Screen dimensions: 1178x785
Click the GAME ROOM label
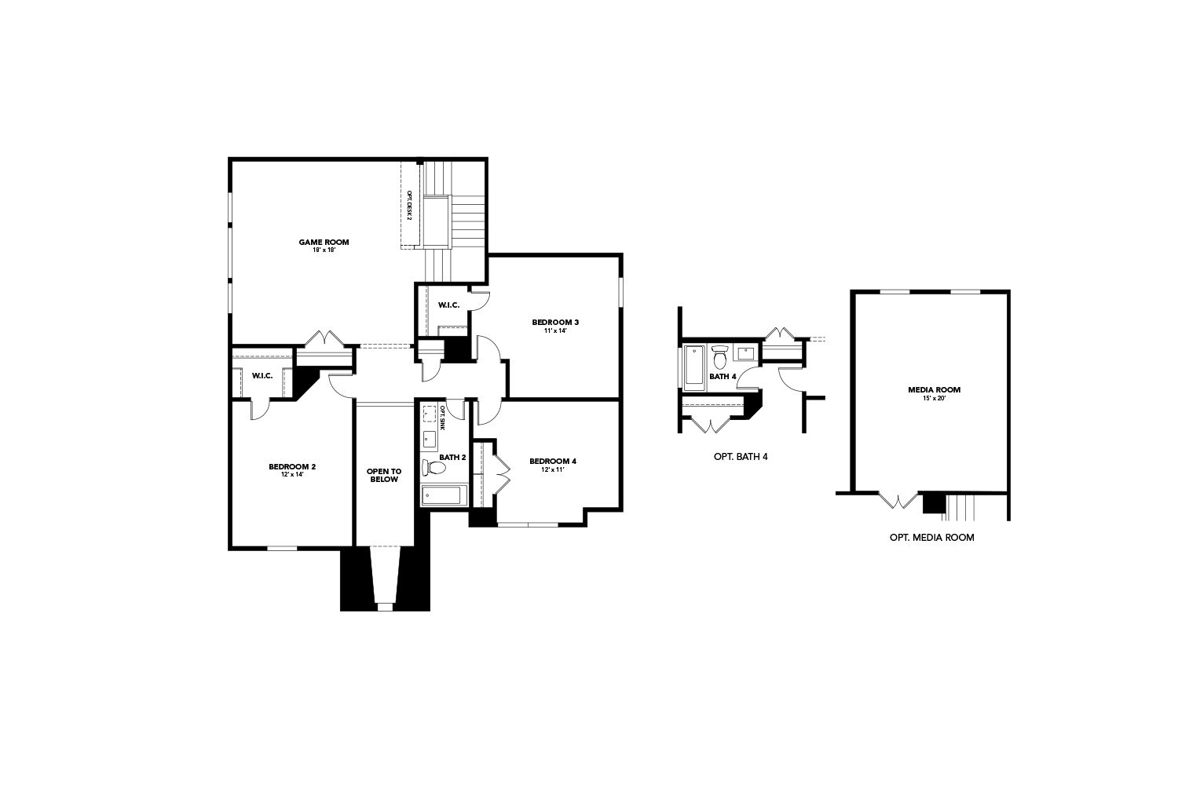(x=324, y=243)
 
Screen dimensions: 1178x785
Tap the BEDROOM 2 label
(x=292, y=467)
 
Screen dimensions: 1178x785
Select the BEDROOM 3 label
(x=555, y=323)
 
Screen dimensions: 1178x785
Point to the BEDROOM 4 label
(x=553, y=461)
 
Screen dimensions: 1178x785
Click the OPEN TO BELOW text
(x=384, y=475)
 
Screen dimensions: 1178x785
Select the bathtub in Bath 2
(x=444, y=496)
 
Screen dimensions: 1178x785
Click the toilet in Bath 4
(x=719, y=357)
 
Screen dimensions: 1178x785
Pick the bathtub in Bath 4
(x=695, y=366)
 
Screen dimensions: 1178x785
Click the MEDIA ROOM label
(x=934, y=390)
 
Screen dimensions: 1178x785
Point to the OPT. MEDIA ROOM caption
(x=932, y=538)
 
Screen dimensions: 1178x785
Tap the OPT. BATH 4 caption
(x=741, y=457)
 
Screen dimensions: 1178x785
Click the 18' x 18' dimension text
(x=324, y=250)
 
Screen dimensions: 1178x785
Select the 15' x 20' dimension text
(x=934, y=398)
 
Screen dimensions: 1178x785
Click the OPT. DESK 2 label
(x=409, y=205)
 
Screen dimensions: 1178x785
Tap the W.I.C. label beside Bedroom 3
(x=449, y=305)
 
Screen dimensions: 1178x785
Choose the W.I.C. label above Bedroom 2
(x=262, y=376)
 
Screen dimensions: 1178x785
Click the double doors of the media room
(x=898, y=500)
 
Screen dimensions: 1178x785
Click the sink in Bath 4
(x=745, y=352)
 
